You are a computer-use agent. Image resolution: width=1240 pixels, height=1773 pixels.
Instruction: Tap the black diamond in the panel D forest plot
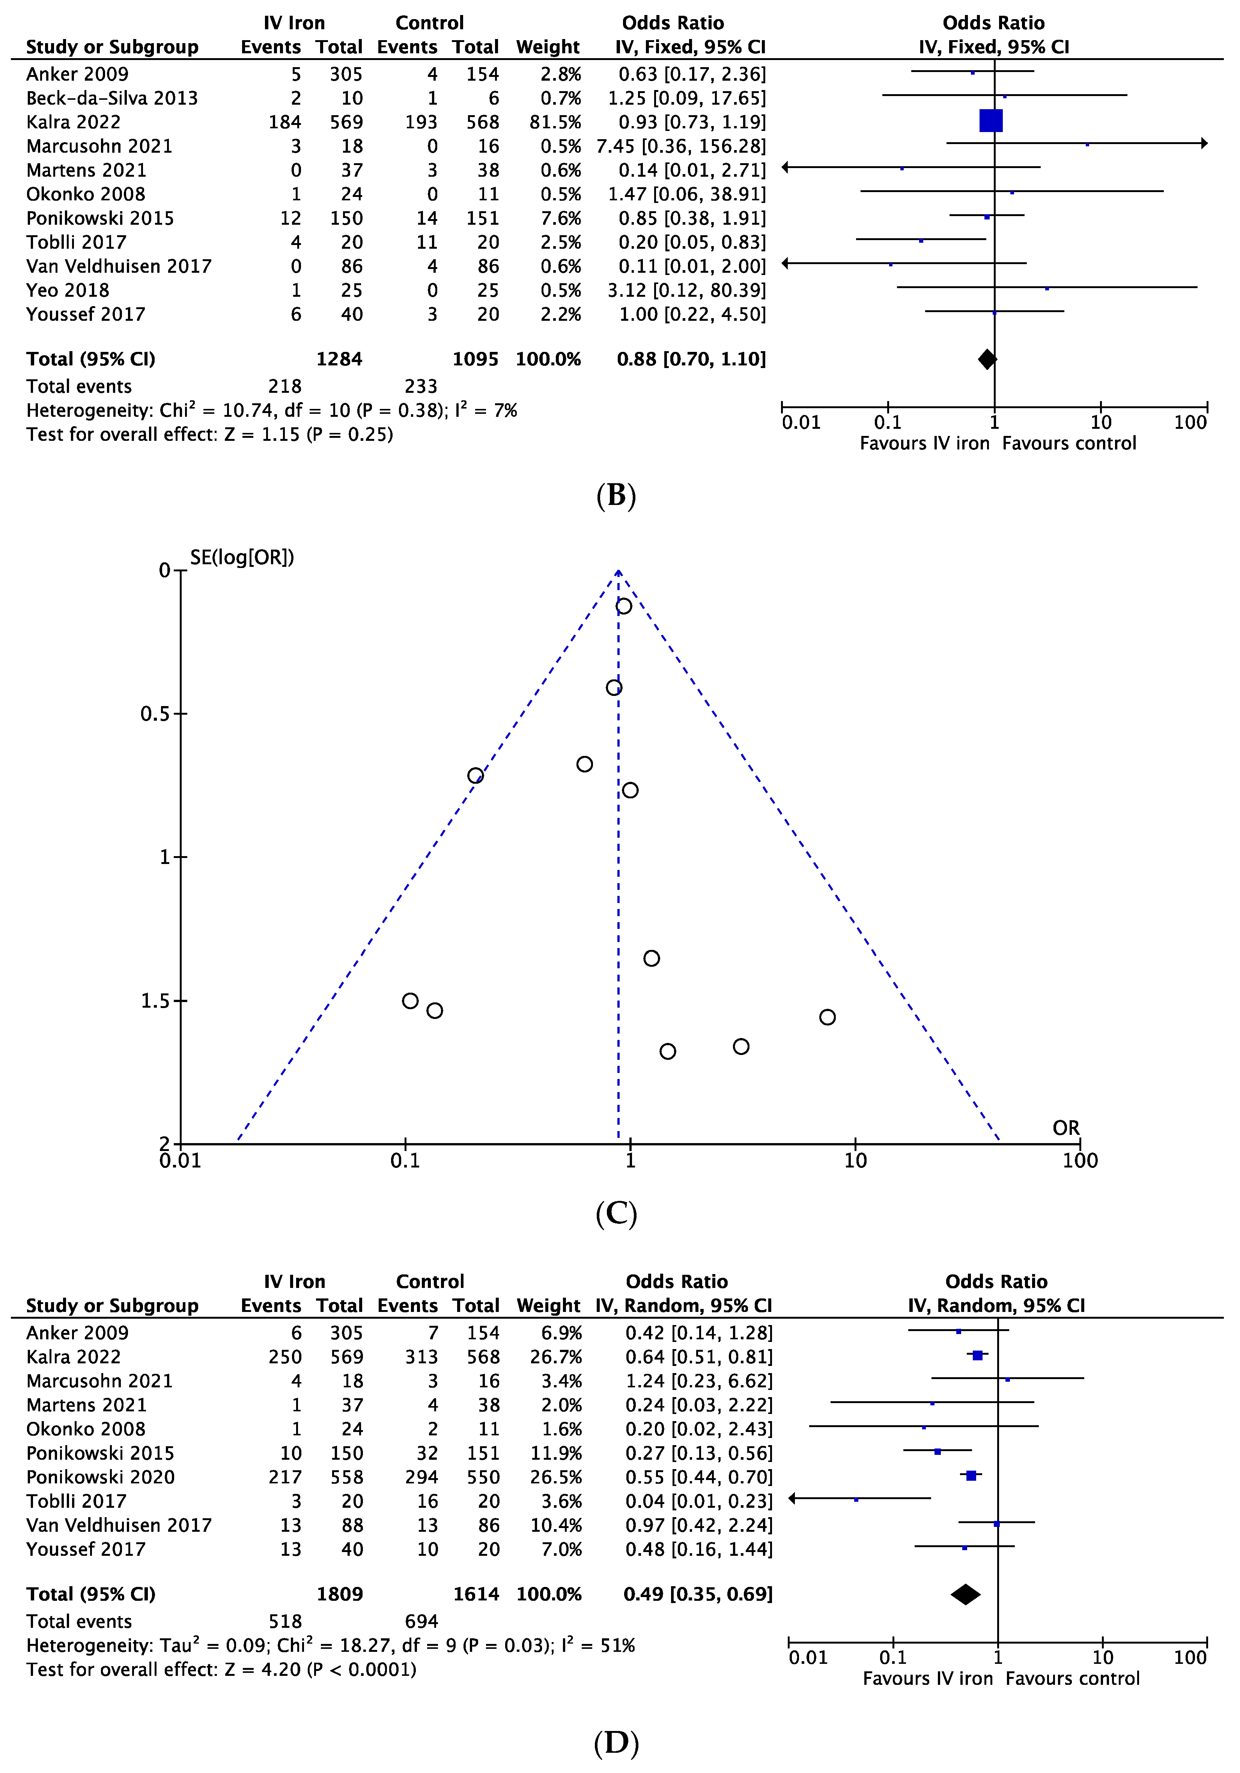coord(966,1595)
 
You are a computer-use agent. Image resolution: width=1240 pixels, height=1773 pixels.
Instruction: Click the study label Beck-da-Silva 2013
coord(112,98)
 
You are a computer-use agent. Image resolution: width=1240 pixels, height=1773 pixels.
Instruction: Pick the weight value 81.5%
coord(549,122)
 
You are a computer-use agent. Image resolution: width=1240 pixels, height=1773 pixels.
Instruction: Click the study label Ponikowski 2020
coord(101,1477)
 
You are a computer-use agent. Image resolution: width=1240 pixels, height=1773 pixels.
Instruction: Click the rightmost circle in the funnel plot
coord(828,1017)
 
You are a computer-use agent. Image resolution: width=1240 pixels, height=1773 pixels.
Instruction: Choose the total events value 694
coord(421,1622)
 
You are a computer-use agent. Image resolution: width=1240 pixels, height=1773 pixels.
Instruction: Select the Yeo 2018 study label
coord(68,290)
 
